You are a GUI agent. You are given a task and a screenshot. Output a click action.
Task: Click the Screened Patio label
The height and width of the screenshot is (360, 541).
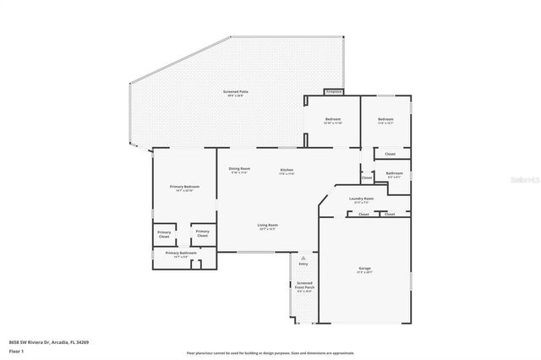tap(235, 93)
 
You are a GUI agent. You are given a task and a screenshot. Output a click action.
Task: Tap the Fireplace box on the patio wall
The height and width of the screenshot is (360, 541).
tap(333, 91)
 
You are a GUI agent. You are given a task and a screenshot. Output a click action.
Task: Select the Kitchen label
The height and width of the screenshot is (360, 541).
tap(287, 171)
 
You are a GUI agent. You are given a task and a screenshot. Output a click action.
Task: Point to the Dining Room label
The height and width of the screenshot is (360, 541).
tap(239, 171)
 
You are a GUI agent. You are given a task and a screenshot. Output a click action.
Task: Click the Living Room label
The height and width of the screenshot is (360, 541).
tap(268, 226)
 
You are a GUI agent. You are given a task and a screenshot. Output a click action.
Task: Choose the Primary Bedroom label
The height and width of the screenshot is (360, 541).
tap(184, 188)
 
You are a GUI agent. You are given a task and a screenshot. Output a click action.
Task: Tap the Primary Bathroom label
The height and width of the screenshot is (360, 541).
tap(181, 254)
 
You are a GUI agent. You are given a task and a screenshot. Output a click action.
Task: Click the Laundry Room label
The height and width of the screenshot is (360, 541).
tap(361, 200)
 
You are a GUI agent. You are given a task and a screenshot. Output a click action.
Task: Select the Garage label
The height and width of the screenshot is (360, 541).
tap(363, 270)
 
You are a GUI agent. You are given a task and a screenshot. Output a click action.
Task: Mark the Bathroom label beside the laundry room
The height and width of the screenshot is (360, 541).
tap(394, 175)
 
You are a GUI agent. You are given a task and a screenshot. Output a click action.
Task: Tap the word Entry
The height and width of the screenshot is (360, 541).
tap(303, 264)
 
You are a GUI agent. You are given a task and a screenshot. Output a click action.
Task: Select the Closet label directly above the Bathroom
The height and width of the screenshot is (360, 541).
tap(390, 154)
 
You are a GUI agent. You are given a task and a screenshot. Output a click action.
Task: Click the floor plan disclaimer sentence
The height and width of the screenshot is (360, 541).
tap(270, 352)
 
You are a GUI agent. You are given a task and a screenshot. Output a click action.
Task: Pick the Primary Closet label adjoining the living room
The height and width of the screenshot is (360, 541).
tap(201, 233)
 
